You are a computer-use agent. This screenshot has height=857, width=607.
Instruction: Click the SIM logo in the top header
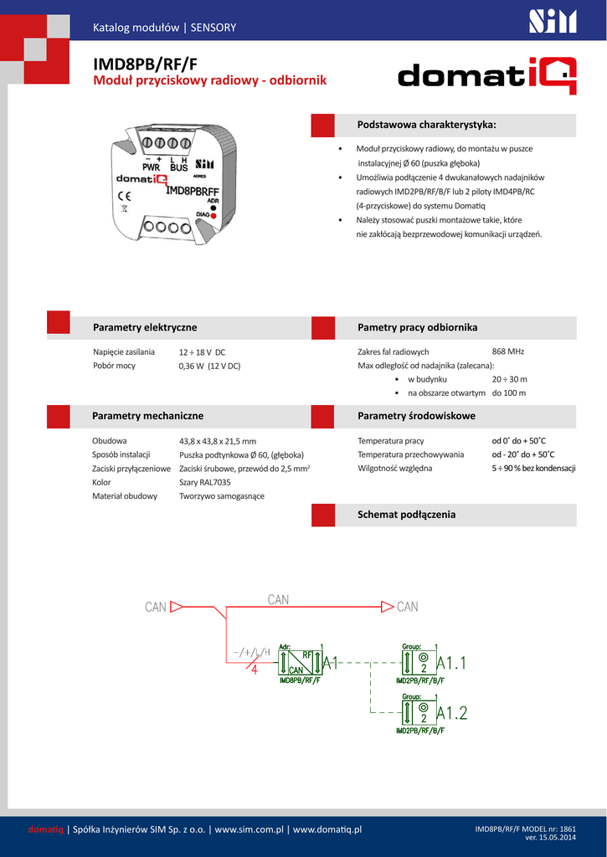(553, 21)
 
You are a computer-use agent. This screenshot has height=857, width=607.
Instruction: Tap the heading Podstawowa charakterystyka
(426, 125)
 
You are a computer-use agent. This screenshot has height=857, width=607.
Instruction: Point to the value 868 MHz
(508, 352)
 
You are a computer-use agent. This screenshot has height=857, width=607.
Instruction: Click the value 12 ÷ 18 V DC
(202, 352)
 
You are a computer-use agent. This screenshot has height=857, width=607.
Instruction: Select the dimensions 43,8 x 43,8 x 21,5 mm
(218, 441)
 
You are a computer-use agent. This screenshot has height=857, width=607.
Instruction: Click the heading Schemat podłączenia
(406, 515)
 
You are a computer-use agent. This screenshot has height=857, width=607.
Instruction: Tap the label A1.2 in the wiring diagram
(452, 713)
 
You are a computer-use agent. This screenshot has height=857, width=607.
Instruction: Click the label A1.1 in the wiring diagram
(452, 663)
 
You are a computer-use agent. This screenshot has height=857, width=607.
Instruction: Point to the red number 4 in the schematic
(255, 670)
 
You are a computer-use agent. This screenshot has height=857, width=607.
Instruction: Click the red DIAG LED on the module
(214, 215)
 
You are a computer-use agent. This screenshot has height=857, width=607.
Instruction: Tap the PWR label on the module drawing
(151, 167)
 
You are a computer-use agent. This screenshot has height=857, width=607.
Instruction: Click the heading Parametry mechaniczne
(147, 416)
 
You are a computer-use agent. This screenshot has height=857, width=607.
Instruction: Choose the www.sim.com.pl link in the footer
(250, 829)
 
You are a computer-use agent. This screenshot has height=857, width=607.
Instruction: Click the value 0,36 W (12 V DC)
(209, 366)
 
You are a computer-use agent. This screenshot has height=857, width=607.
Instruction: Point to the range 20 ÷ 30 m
(509, 379)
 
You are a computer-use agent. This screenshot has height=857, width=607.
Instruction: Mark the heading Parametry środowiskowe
(416, 416)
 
